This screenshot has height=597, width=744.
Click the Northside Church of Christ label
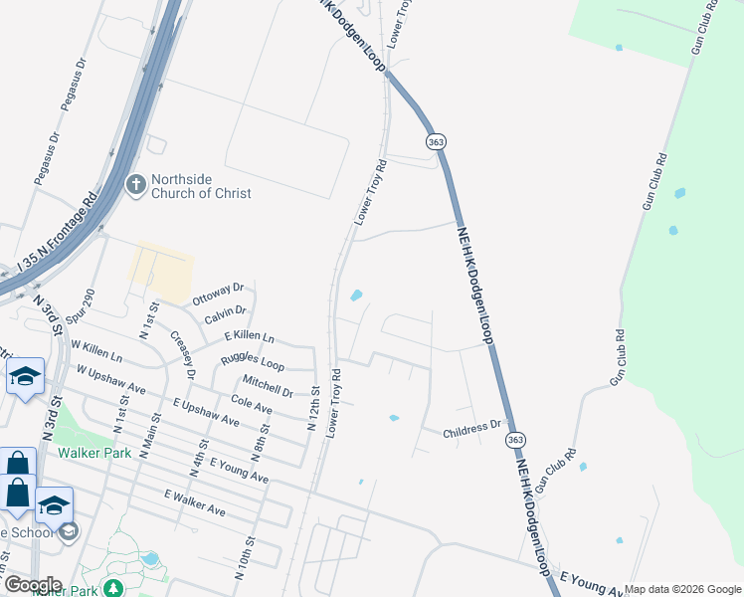point(201,186)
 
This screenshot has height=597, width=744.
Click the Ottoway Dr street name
point(218,293)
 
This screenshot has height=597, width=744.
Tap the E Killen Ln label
point(249,338)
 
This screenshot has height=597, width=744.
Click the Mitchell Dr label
point(268,386)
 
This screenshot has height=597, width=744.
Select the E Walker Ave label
point(195,503)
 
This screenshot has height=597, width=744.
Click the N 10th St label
point(243,554)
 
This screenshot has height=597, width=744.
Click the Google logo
point(33,584)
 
